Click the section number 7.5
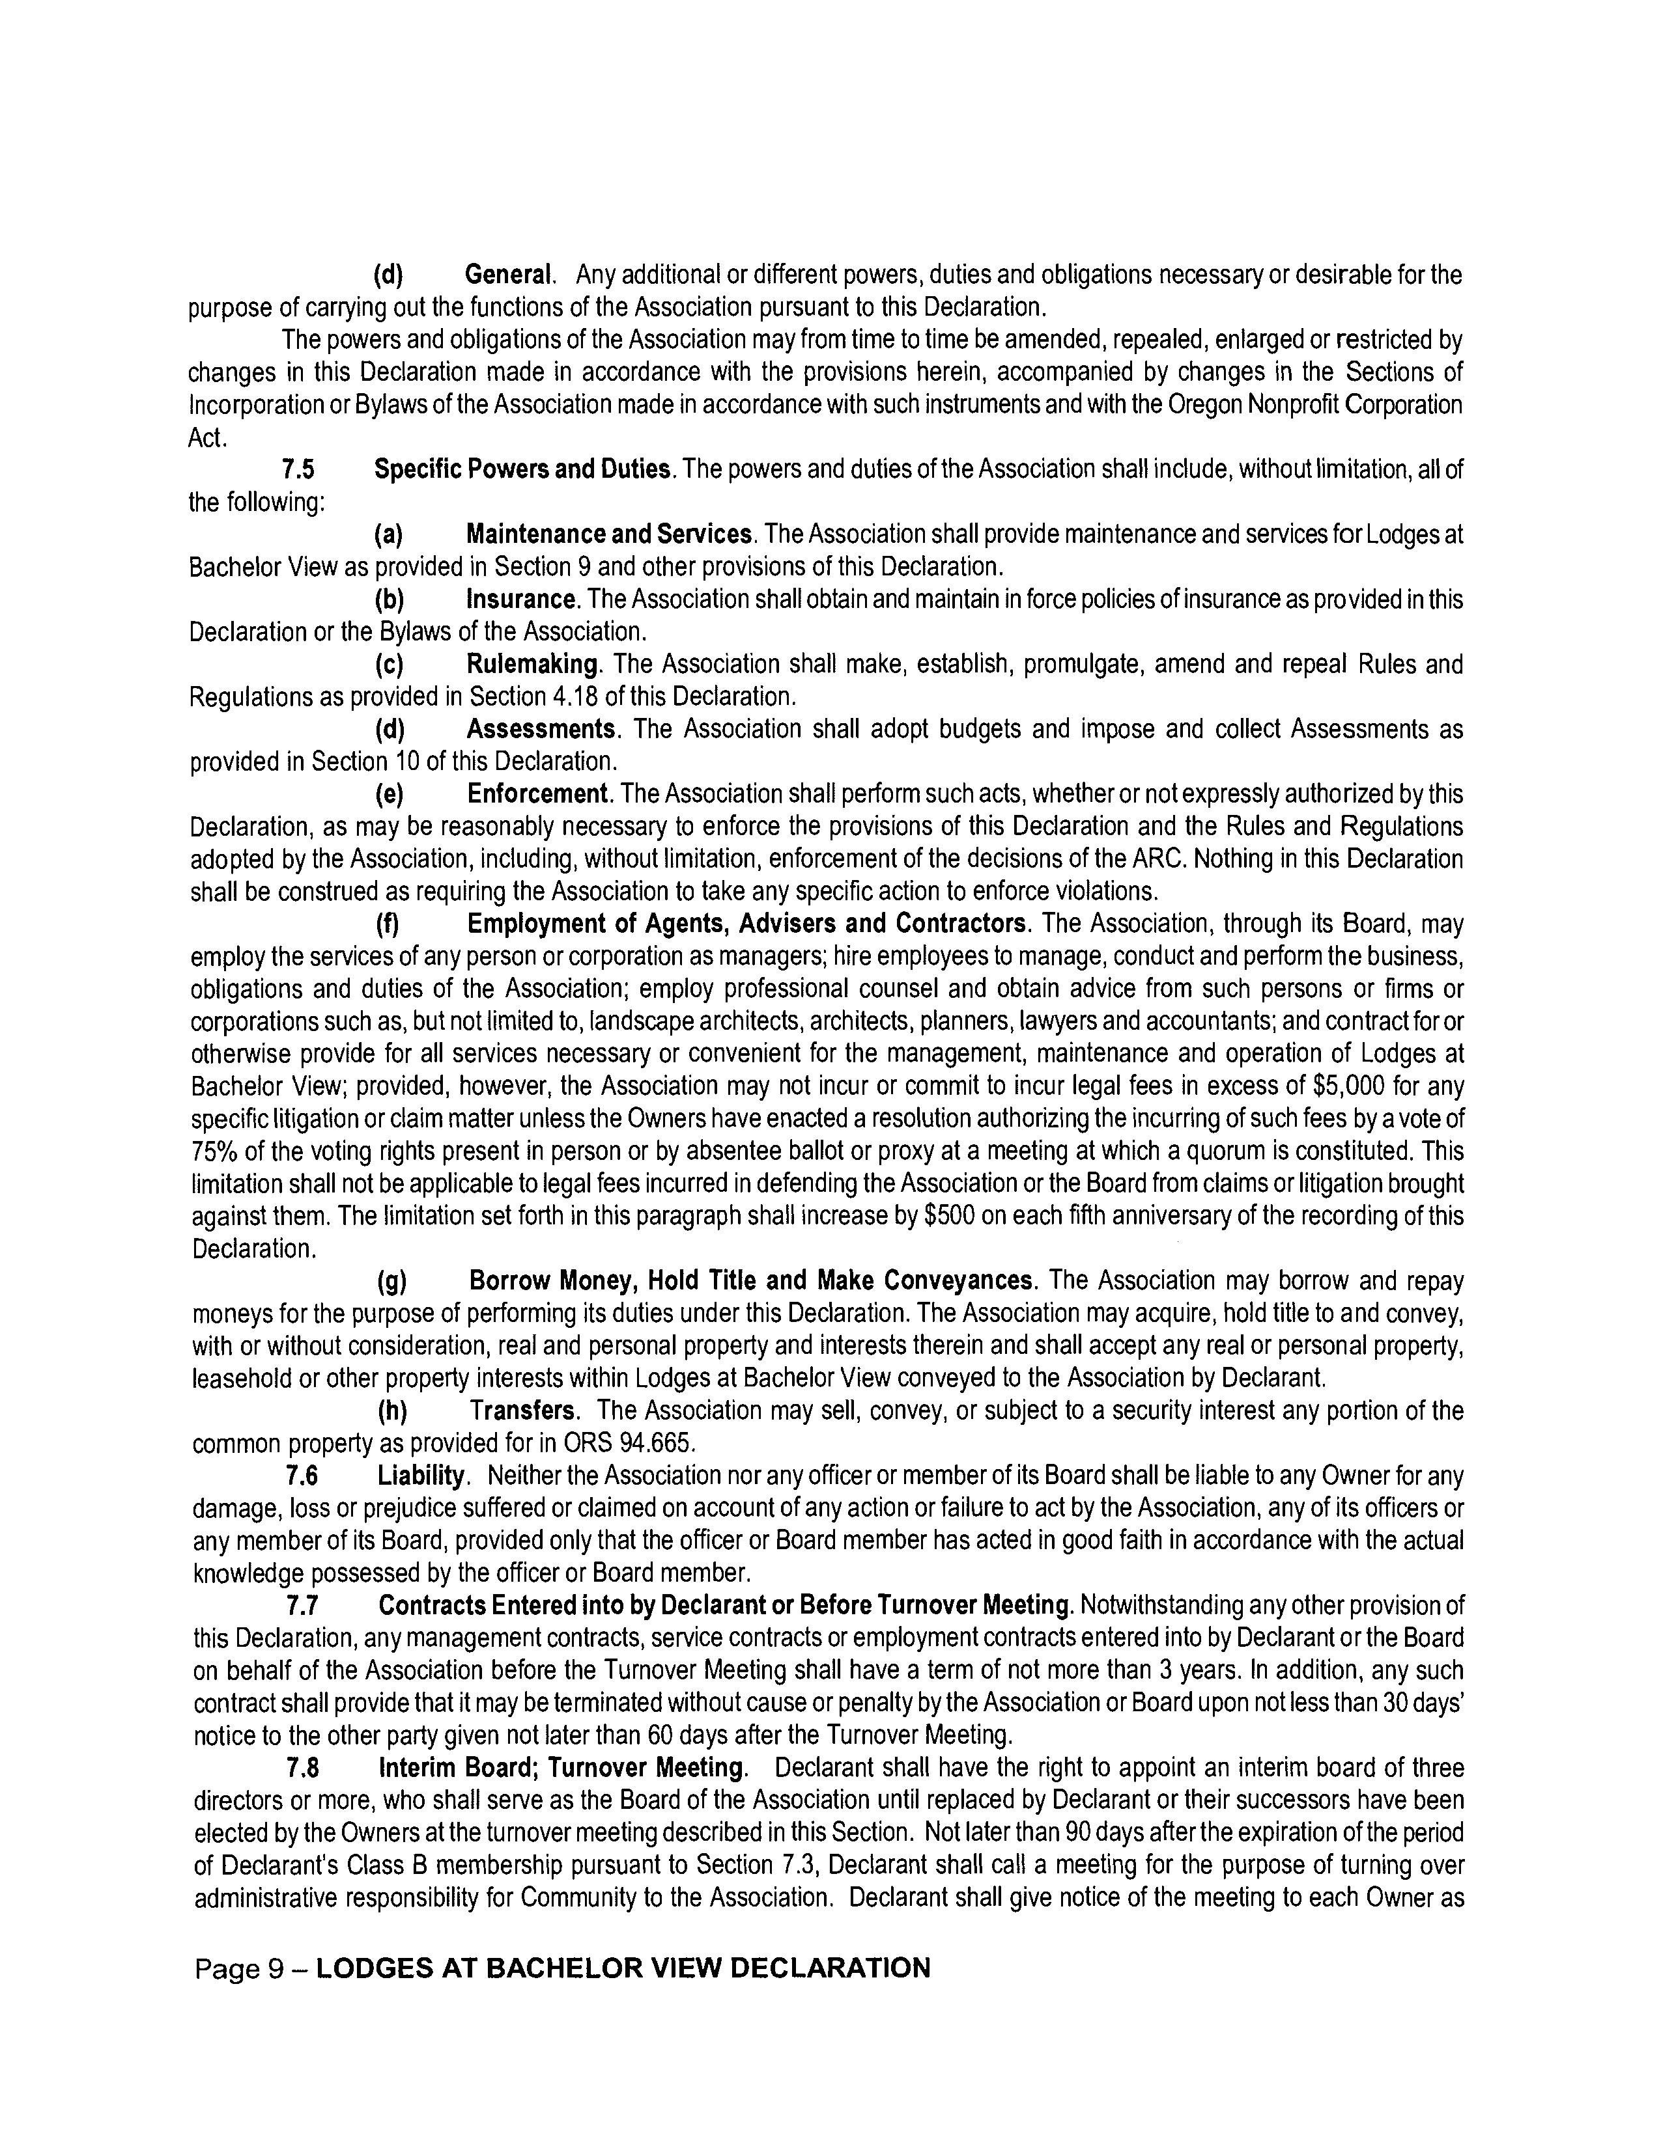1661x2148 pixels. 299,470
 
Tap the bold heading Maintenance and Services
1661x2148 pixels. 609,535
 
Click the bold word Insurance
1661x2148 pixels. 520,600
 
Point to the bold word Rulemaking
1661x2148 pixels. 532,665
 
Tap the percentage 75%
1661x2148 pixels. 214,1151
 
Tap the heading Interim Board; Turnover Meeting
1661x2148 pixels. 562,1769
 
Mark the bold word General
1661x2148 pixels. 508,275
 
